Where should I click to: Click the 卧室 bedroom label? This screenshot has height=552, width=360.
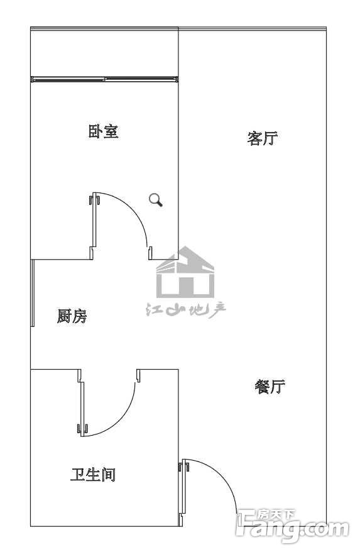tap(103, 131)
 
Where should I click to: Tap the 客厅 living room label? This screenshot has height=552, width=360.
tap(263, 138)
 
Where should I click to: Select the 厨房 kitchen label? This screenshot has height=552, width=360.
tap(72, 316)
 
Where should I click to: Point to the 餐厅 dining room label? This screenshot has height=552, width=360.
tap(270, 387)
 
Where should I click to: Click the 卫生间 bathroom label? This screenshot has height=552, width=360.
tap(93, 475)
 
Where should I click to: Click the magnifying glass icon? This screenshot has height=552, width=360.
tap(155, 199)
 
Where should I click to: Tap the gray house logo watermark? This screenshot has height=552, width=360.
tap(185, 272)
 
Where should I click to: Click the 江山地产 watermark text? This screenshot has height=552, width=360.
tap(186, 310)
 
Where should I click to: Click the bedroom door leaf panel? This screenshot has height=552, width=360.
tap(94, 219)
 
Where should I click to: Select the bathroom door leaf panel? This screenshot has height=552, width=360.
tap(82, 409)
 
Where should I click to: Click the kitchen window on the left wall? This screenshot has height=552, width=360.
tap(33, 293)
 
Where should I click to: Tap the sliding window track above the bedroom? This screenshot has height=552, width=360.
tap(104, 79)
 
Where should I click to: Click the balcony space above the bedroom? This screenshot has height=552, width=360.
tap(104, 53)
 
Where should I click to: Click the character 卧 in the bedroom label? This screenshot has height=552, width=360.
tap(95, 131)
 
